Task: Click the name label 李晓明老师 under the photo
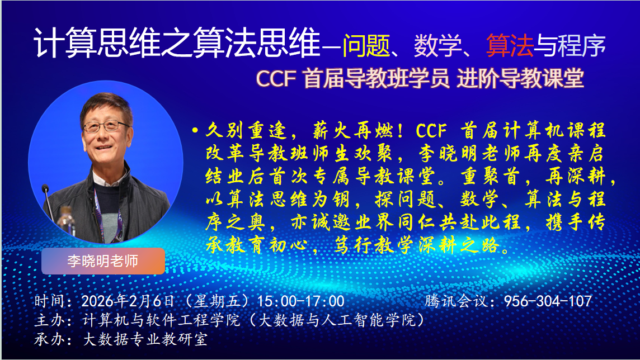(x=103, y=261)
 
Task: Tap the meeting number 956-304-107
(x=548, y=301)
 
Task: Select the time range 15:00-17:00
(x=301, y=301)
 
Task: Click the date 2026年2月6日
(x=129, y=301)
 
